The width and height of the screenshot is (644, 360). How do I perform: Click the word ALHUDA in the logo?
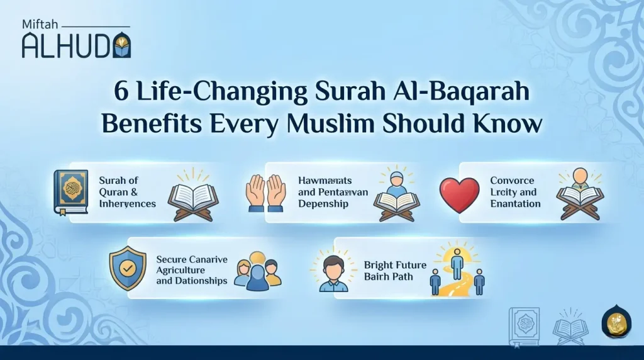[68, 45]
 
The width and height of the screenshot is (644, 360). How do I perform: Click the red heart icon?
[459, 194]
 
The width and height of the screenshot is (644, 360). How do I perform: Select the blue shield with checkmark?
[128, 267]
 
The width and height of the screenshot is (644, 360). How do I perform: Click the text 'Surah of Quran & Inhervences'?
[127, 192]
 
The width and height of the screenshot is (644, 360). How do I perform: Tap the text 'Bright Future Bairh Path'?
[394, 271]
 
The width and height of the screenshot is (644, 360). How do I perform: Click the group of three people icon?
[257, 271]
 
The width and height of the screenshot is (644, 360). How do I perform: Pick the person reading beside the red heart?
[579, 193]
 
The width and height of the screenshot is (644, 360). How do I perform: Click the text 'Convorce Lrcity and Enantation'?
[514, 192]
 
